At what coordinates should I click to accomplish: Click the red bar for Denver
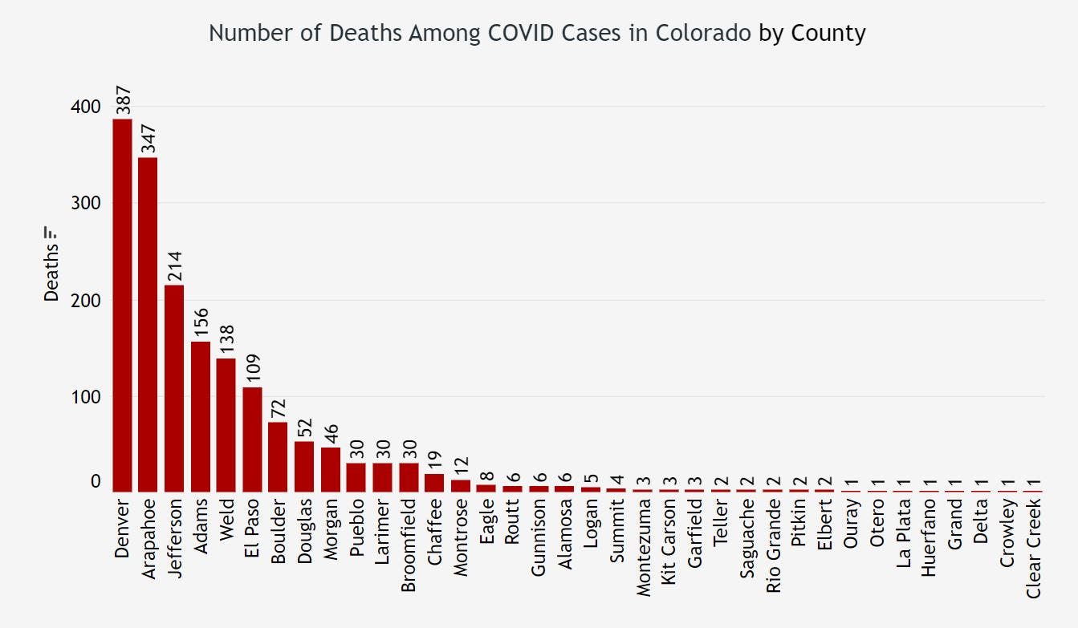[x=122, y=305]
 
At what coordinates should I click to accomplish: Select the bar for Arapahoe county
[x=148, y=324]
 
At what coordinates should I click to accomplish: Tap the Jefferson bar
[x=174, y=388]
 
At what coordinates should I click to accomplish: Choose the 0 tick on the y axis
[x=96, y=482]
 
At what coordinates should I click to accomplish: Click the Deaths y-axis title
[x=52, y=275]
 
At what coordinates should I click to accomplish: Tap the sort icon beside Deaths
[x=52, y=233]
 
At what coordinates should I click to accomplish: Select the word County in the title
[x=828, y=33]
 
